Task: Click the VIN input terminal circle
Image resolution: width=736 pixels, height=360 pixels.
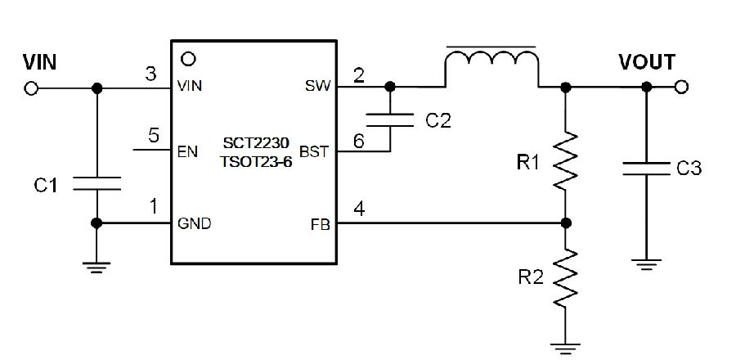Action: coord(31,88)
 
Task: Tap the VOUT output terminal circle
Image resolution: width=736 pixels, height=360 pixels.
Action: coord(681,87)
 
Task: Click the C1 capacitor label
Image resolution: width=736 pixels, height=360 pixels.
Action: coord(46,186)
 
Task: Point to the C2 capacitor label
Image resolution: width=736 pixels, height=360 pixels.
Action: coord(438,120)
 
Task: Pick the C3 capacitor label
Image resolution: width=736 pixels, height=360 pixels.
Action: coord(689,168)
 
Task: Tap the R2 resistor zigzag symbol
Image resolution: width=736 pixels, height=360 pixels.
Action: coord(566,278)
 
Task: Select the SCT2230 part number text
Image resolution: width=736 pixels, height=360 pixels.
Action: coord(256,142)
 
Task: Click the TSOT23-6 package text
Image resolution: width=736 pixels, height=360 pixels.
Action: coord(256,162)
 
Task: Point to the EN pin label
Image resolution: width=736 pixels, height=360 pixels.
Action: coord(187,152)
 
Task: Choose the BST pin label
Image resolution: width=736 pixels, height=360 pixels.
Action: coord(313,152)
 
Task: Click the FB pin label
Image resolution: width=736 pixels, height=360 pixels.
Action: coord(320,225)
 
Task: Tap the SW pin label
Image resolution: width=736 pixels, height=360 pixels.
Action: coord(318,86)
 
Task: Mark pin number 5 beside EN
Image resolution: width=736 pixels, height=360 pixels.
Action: coord(154,136)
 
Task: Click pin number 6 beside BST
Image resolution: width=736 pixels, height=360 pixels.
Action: coord(359,141)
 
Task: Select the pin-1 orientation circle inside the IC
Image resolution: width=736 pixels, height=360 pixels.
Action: coord(188,59)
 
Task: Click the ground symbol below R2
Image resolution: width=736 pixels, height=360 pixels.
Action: coord(566,349)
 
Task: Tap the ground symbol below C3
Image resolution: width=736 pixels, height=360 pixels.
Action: coord(646,265)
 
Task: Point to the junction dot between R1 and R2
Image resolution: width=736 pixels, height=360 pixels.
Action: coord(566,223)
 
